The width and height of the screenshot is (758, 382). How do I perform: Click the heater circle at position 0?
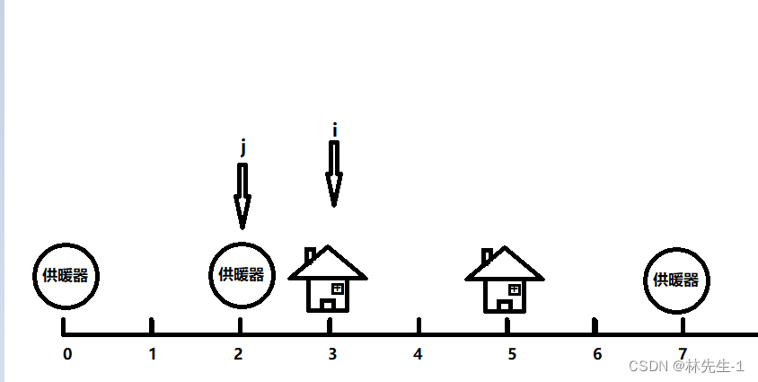(65, 276)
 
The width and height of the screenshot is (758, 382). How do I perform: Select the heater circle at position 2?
(241, 274)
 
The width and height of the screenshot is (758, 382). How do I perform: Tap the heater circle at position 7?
(676, 280)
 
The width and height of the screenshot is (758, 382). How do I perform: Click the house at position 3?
(328, 280)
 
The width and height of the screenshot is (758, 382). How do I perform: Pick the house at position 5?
(505, 280)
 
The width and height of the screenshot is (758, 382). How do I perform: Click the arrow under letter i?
(334, 174)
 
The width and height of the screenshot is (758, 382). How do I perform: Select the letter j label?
(242, 147)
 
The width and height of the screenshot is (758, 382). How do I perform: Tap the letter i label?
(335, 129)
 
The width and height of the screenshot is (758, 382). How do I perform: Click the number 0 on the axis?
(67, 353)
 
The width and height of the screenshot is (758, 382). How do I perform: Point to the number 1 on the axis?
(153, 353)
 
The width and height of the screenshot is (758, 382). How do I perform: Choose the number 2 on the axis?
(238, 353)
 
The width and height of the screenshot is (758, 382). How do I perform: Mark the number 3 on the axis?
(332, 353)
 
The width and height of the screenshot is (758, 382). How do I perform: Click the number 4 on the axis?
(418, 353)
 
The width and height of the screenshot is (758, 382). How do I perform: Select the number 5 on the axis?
(511, 353)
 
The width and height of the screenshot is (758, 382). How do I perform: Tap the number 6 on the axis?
(597, 353)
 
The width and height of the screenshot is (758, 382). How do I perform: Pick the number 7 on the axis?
(683, 353)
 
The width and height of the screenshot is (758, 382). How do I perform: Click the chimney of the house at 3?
(310, 255)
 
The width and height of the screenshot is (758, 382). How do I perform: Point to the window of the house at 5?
(515, 289)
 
